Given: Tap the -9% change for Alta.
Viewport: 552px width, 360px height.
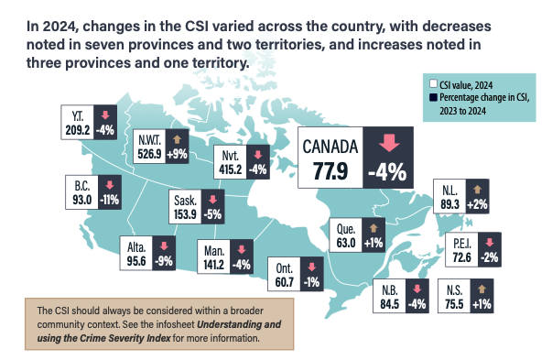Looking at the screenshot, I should coord(164,260).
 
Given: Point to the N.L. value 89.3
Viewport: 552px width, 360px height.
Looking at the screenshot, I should coord(449,205).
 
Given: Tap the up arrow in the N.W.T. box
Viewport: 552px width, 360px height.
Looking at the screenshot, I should coord(174,139).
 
